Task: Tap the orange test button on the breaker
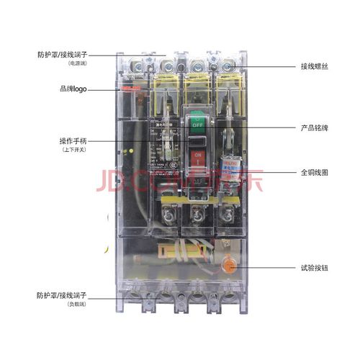pyautogui.click(x=230, y=266)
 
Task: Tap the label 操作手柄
pyautogui.click(x=73, y=140)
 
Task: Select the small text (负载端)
pyautogui.click(x=76, y=305)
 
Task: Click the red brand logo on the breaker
pyautogui.click(x=129, y=89)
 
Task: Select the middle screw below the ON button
pyautogui.click(x=195, y=214)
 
